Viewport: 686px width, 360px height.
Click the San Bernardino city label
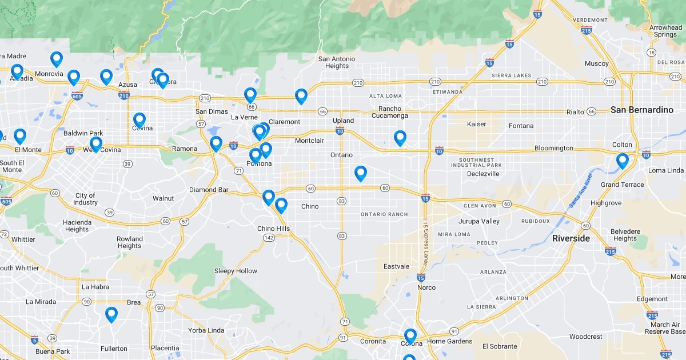(642, 110)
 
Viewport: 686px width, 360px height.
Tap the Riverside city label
(571, 238)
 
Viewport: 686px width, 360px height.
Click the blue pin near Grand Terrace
(622, 161)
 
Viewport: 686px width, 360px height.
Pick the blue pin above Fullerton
(111, 314)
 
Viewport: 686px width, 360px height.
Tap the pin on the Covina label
(139, 120)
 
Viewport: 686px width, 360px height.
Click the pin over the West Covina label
(96, 144)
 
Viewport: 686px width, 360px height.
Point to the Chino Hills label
(273, 229)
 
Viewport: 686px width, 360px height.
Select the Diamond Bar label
(209, 190)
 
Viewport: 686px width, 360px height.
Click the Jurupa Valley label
(479, 221)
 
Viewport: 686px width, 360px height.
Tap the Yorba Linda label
(206, 330)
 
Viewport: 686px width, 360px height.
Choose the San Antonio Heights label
(337, 62)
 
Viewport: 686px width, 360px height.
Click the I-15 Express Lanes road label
(425, 241)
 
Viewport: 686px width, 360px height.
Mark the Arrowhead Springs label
(665, 31)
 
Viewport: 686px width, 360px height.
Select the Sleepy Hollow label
(236, 271)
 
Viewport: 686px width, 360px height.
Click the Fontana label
(521, 126)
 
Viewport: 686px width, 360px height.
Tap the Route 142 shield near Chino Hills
(269, 238)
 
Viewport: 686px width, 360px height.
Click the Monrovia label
(49, 74)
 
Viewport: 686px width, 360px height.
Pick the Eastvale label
(396, 266)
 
